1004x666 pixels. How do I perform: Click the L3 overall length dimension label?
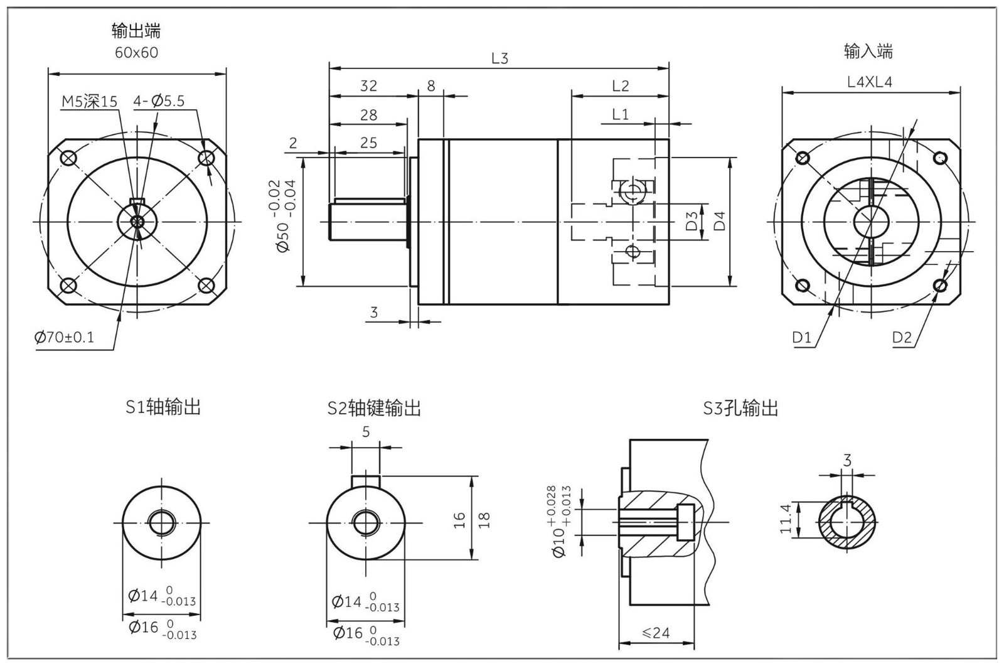tap(499, 58)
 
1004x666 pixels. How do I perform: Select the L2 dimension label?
tap(620, 86)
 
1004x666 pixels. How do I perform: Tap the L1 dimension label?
tap(620, 114)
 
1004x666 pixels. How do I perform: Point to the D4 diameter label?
tap(720, 220)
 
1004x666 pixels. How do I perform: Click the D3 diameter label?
tap(692, 221)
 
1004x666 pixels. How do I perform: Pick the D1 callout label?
tap(801, 338)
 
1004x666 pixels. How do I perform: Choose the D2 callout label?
tap(902, 338)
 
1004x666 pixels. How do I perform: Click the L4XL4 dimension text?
tap(869, 82)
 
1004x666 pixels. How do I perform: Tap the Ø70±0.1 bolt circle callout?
tap(65, 338)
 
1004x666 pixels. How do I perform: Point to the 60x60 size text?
tap(136, 53)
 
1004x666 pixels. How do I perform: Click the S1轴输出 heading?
tap(163, 407)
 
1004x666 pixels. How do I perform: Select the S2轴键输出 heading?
tap(374, 409)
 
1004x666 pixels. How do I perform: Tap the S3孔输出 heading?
tap(740, 409)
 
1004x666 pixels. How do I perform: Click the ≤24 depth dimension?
tap(656, 633)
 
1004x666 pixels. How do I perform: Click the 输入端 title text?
tap(868, 51)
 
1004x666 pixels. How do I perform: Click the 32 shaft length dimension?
tap(368, 86)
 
